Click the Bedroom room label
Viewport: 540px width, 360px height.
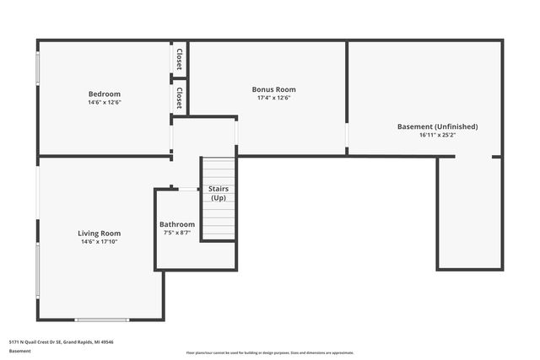pos(105,94)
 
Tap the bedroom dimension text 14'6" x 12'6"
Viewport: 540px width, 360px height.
pos(105,103)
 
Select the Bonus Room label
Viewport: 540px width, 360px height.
pos(273,89)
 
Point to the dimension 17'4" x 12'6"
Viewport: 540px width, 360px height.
pos(273,98)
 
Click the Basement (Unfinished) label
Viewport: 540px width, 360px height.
pos(437,126)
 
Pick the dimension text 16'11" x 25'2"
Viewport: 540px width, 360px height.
pos(437,135)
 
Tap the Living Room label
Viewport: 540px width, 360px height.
pos(100,234)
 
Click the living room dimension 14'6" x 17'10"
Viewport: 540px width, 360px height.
pos(100,242)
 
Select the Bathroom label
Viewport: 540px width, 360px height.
pos(177,224)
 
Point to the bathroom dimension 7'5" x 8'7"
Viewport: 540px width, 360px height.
pos(177,233)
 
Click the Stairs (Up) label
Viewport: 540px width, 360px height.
pos(218,193)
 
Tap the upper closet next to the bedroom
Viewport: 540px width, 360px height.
pos(180,58)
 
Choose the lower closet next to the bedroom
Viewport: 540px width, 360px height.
pos(180,98)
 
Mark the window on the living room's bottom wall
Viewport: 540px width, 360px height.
pos(101,320)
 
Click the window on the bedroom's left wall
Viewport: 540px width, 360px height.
pos(37,68)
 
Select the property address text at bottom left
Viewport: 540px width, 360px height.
pos(61,342)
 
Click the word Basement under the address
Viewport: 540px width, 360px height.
pos(20,351)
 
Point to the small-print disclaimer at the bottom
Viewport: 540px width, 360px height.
pos(270,352)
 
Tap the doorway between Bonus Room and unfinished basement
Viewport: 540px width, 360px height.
pos(347,135)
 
